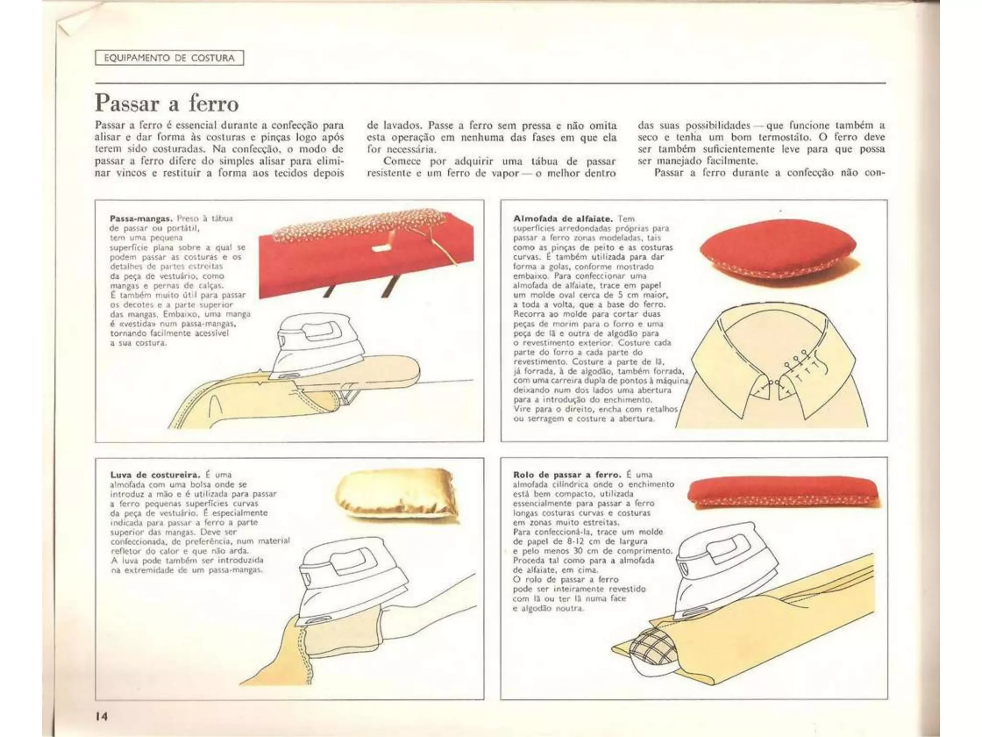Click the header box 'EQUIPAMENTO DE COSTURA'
click(x=169, y=58)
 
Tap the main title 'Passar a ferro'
click(x=166, y=103)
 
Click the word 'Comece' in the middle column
click(x=402, y=161)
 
